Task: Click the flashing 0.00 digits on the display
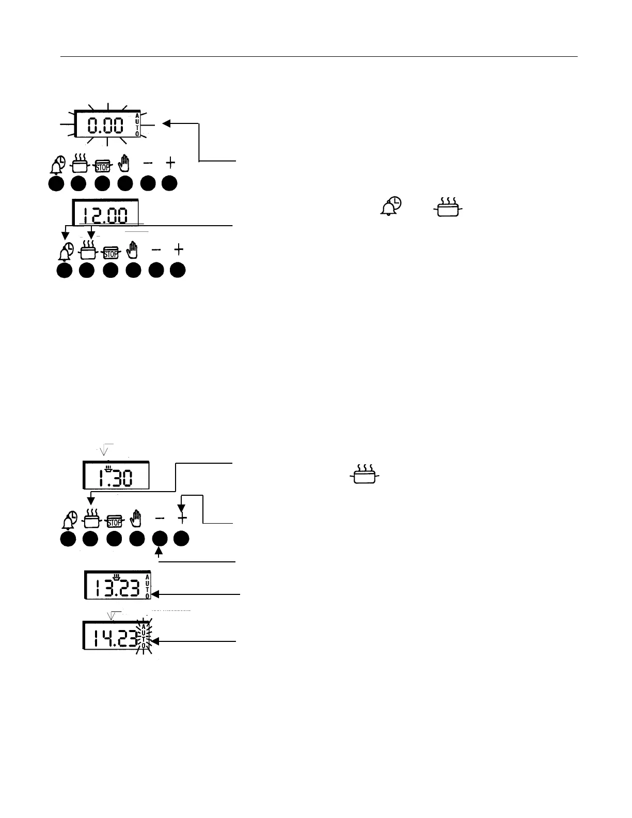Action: pos(105,125)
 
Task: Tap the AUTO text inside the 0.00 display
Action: pos(137,124)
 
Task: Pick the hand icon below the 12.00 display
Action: pos(134,250)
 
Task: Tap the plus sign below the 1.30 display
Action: pos(181,518)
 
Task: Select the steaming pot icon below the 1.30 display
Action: pos(91,519)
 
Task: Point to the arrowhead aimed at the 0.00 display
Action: pos(166,123)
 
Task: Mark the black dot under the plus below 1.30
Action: pos(181,539)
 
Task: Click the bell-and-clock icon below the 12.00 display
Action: pos(65,251)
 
